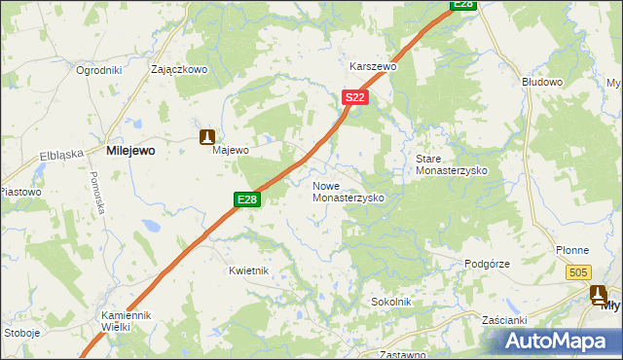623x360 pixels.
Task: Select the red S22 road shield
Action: (354, 97)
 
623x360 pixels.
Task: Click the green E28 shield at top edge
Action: (463, 5)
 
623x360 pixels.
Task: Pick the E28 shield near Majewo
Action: (247, 199)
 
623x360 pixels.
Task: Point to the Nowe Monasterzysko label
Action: (348, 191)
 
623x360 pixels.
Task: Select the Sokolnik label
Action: (390, 303)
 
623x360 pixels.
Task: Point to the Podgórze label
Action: (487, 264)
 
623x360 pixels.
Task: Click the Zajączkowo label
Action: (180, 70)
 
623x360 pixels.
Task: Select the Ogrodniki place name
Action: (98, 70)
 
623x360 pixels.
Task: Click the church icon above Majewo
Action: (206, 137)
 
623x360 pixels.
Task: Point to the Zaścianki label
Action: (504, 320)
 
